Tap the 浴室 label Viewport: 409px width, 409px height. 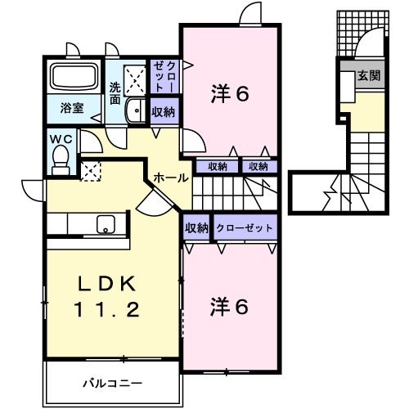click(x=74, y=108)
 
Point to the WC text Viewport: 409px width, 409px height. click(x=62, y=139)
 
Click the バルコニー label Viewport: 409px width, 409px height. click(x=112, y=382)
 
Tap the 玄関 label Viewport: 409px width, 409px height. click(x=368, y=75)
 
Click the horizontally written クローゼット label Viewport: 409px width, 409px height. click(x=244, y=228)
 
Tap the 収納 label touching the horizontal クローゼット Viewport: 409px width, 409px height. click(x=196, y=228)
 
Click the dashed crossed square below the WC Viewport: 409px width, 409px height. click(x=89, y=171)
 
